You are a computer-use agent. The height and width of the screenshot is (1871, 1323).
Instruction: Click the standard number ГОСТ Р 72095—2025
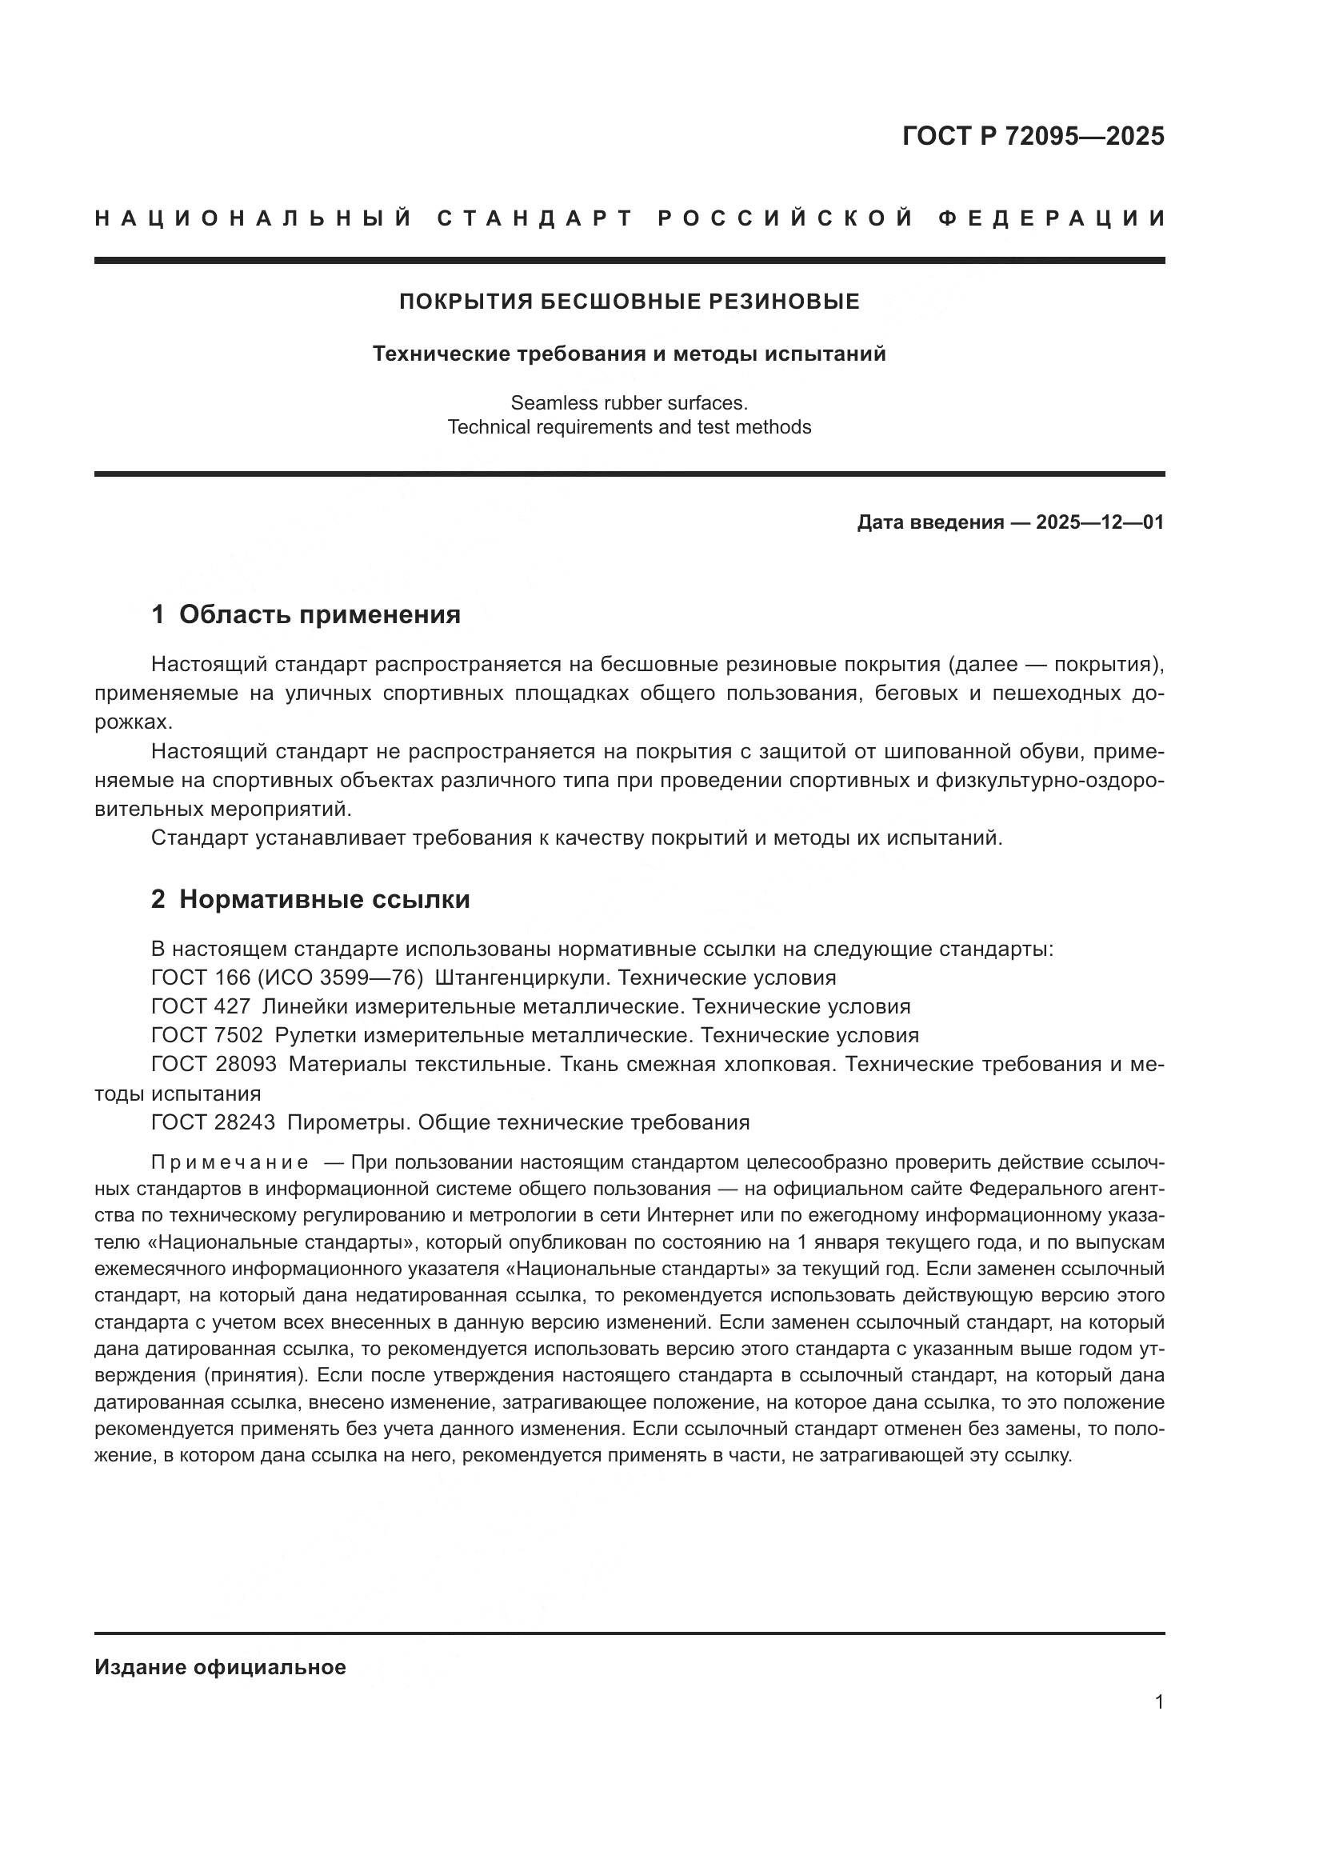(x=1033, y=136)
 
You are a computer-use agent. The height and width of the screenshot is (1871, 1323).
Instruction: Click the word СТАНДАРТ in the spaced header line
(x=535, y=218)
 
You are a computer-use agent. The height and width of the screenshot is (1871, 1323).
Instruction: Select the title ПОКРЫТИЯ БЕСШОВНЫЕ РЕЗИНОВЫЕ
(x=629, y=302)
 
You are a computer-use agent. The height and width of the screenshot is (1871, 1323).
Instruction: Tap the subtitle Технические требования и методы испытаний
(x=629, y=354)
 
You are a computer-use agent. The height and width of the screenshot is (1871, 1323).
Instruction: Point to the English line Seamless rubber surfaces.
(x=629, y=402)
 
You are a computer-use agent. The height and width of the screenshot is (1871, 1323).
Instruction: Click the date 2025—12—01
(x=1100, y=522)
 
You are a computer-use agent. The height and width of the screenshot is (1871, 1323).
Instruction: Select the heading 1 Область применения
(x=306, y=614)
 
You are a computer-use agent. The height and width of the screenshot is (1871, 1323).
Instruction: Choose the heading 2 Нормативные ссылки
(x=310, y=900)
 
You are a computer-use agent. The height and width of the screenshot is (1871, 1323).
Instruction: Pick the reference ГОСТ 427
(x=201, y=1006)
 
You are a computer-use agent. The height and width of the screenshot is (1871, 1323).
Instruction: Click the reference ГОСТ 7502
(x=207, y=1036)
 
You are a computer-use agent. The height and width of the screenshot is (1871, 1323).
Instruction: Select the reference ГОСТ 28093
(x=214, y=1064)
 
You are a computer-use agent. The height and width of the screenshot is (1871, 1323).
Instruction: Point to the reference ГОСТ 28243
(x=214, y=1122)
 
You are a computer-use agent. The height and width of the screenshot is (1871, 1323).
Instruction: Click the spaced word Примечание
(x=230, y=1162)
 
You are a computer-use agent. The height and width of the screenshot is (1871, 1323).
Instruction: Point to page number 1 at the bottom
(x=1158, y=1701)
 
